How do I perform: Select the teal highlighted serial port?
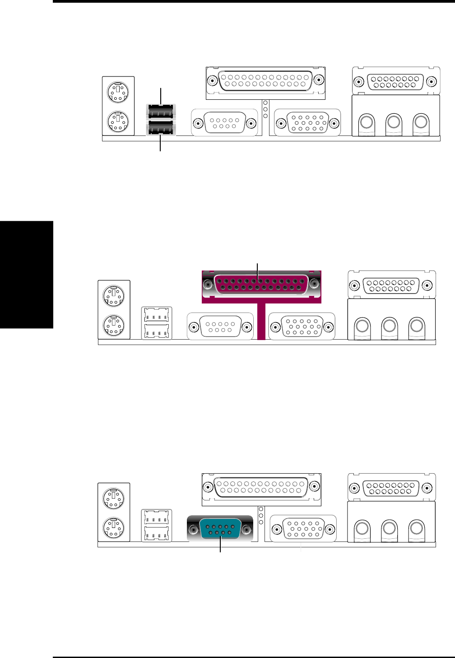tap(220, 529)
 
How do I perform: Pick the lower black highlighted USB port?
tap(161, 129)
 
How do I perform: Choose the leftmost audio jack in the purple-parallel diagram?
tap(362, 326)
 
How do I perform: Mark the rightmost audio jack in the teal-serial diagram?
tap(417, 528)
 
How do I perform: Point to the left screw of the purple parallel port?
tap(208, 285)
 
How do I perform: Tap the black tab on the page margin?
tap(27, 275)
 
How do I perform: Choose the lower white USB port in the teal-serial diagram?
tap(157, 534)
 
